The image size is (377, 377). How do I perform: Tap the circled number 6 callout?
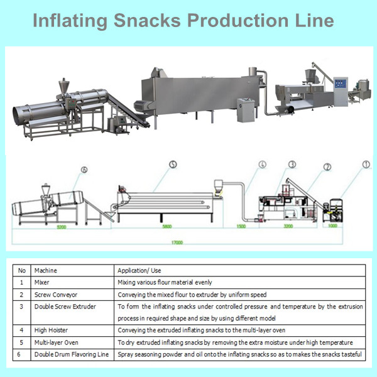tap(84, 169)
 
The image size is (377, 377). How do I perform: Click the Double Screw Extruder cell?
tap(62, 306)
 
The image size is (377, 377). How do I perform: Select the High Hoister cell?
tap(51, 331)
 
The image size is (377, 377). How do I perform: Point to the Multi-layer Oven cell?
tap(55, 342)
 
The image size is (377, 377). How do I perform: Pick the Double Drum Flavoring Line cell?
tap(70, 354)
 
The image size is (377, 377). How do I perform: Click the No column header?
tap(22, 270)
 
